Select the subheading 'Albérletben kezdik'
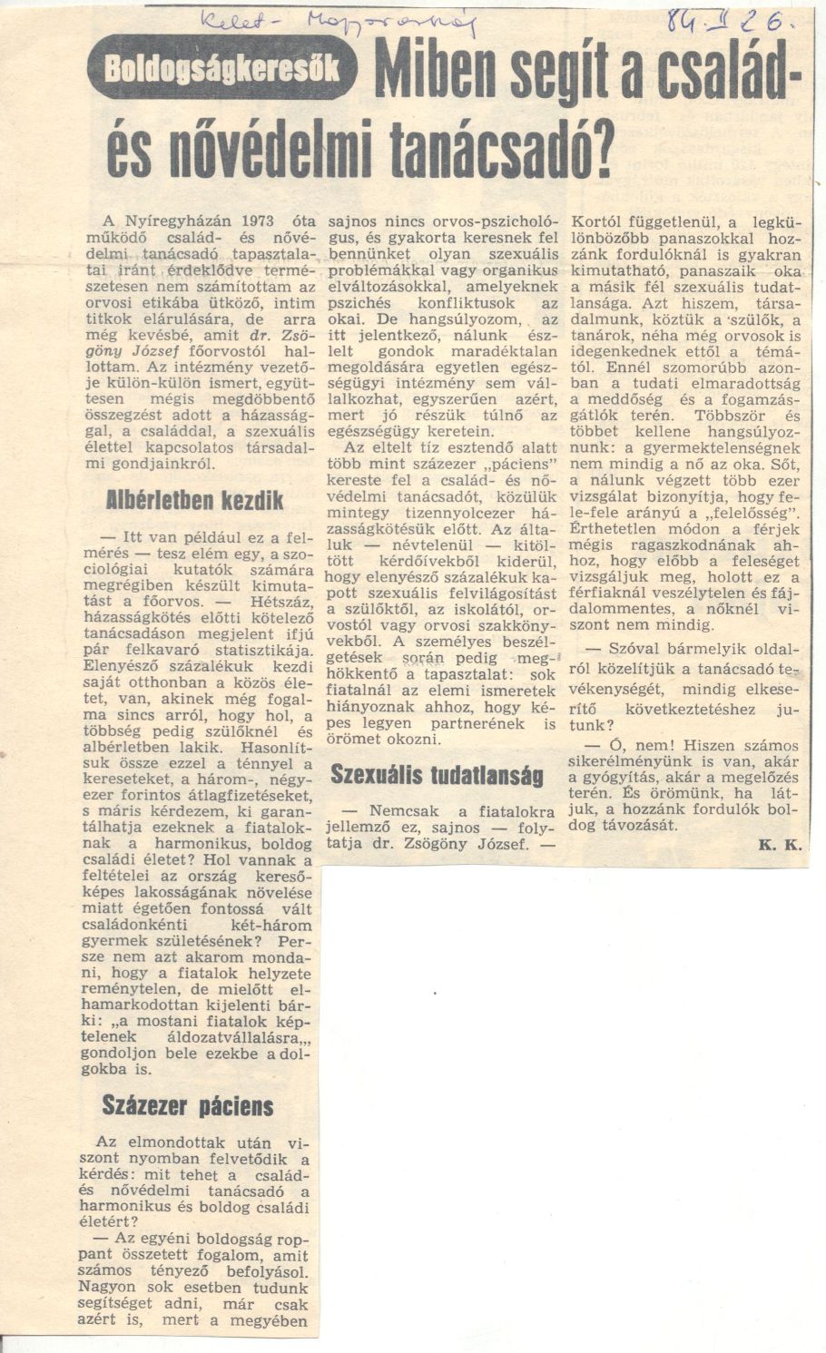[195, 500]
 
